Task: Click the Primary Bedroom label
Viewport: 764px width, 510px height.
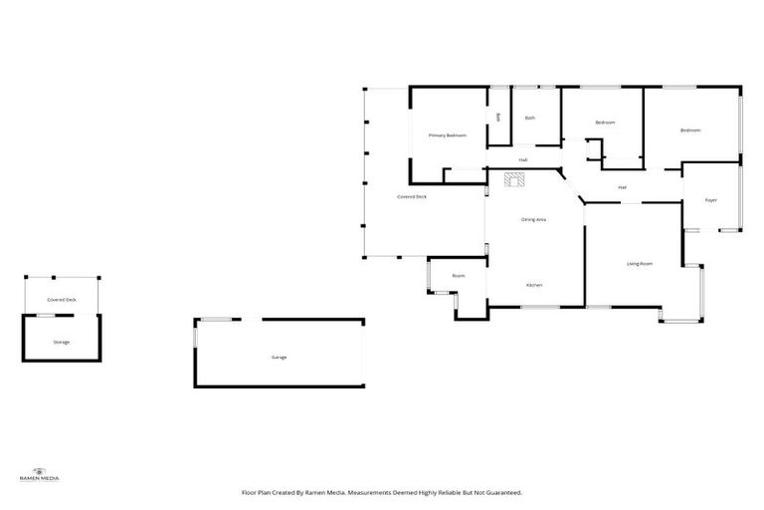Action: pyautogui.click(x=448, y=134)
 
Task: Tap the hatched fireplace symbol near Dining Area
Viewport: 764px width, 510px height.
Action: pyautogui.click(x=514, y=179)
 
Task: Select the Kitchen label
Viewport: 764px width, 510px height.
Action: pyautogui.click(x=534, y=286)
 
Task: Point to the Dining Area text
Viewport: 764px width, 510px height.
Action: pyautogui.click(x=534, y=218)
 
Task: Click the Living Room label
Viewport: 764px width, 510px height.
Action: pyautogui.click(x=639, y=264)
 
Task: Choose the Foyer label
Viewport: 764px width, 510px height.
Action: pyautogui.click(x=711, y=200)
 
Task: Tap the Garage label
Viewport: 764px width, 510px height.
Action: pyautogui.click(x=279, y=357)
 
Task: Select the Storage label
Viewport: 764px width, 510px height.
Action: pyautogui.click(x=62, y=342)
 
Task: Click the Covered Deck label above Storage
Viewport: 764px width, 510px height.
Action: pyautogui.click(x=62, y=299)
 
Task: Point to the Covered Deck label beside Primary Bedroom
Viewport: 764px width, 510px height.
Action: pyautogui.click(x=412, y=197)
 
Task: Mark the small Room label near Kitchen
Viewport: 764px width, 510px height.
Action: pyautogui.click(x=459, y=276)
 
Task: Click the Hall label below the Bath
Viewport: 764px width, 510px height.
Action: pyautogui.click(x=522, y=159)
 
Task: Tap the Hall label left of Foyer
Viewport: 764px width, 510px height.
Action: pyautogui.click(x=622, y=187)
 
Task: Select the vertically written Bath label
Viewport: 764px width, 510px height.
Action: pyautogui.click(x=498, y=118)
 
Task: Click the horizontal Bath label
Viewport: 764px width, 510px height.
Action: pyautogui.click(x=530, y=119)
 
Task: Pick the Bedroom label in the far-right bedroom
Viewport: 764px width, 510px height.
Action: pyautogui.click(x=690, y=130)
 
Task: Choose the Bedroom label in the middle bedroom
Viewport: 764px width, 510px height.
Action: pyautogui.click(x=605, y=123)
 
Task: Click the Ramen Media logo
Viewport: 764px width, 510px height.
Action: pyautogui.click(x=40, y=474)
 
